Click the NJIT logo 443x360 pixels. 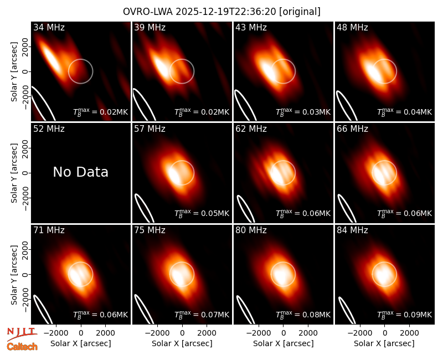[x=22, y=335]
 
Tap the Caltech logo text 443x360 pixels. [x=22, y=347]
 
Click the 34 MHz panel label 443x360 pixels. [x=49, y=27]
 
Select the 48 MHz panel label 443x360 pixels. [x=352, y=27]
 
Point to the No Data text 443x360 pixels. [x=80, y=172]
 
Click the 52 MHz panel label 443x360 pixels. [x=49, y=129]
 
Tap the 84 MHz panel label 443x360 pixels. [x=352, y=230]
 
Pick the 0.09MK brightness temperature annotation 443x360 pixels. [x=404, y=314]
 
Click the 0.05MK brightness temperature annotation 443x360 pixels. [x=202, y=213]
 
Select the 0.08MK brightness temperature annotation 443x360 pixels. [x=303, y=314]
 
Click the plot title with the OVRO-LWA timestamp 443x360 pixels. [x=221, y=12]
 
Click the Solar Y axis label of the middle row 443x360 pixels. [x=14, y=173]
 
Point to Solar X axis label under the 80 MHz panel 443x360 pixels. [x=283, y=343]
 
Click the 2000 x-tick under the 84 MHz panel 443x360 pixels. [x=409, y=333]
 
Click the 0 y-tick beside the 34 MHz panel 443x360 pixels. [x=25, y=71]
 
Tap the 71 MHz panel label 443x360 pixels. [x=49, y=230]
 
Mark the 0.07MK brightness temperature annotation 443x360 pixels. [x=202, y=314]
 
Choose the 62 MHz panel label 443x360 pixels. [x=251, y=129]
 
